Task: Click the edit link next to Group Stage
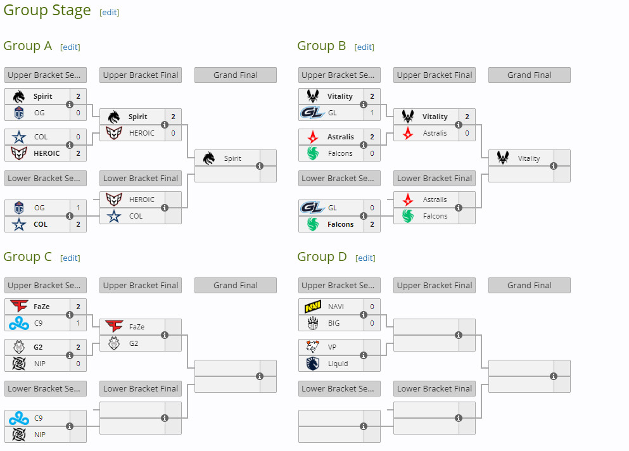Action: [x=109, y=13]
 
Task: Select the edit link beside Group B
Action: [x=364, y=48]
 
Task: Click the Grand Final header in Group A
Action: [x=236, y=75]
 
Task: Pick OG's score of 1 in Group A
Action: [x=78, y=208]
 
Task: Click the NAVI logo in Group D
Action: [x=313, y=307]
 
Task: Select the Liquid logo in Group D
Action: [x=313, y=364]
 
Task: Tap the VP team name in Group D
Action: [x=332, y=347]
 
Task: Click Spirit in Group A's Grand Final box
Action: [x=232, y=158]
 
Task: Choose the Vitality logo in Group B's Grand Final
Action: [x=503, y=158]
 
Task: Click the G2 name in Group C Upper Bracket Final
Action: [x=134, y=343]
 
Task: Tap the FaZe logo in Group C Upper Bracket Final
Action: [x=114, y=327]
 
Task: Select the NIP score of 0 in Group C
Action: [x=78, y=364]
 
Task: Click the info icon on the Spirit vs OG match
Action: [x=70, y=105]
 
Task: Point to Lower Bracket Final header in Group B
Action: [x=435, y=178]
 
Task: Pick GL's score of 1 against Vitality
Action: [x=372, y=113]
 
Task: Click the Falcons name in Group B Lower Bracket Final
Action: [x=435, y=216]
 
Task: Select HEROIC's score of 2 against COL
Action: [x=78, y=153]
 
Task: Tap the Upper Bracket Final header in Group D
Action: [x=435, y=285]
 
